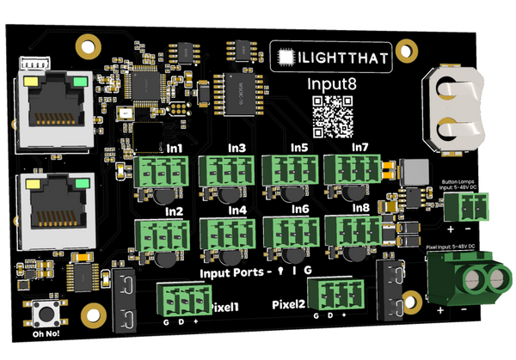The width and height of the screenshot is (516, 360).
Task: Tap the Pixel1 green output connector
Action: (183, 300)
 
